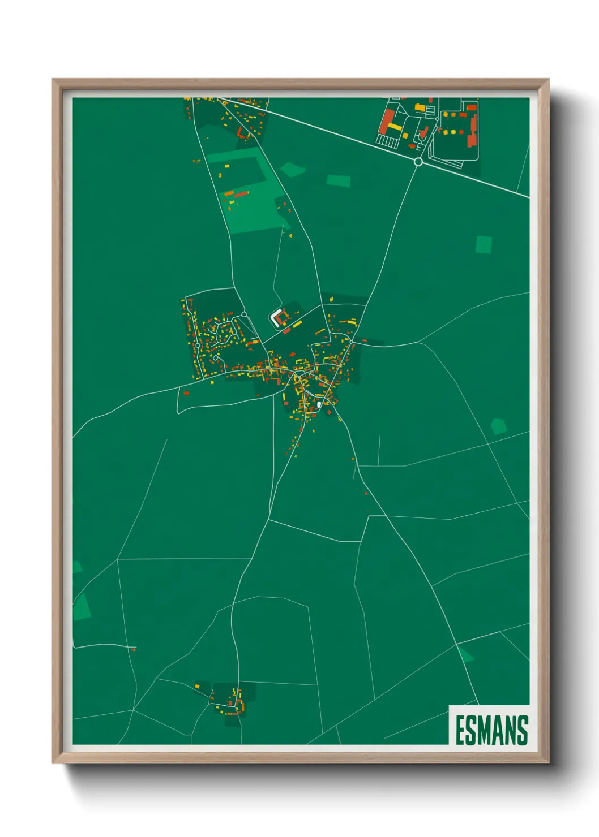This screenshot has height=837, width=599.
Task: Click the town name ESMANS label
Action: [x=491, y=730]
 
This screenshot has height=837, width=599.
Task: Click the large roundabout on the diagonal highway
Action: [x=418, y=162]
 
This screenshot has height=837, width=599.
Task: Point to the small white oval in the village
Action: [x=319, y=404]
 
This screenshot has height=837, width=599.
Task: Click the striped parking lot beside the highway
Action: [x=387, y=140]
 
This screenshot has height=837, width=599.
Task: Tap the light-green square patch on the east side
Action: [x=484, y=245]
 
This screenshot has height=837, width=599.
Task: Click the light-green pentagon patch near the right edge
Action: [x=498, y=426]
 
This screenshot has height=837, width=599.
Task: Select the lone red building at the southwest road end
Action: [x=134, y=649]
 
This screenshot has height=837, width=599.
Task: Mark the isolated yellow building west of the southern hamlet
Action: [x=197, y=687]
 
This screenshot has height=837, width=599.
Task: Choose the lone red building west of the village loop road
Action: [x=186, y=392]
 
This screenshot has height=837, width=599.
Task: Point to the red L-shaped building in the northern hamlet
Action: [x=241, y=133]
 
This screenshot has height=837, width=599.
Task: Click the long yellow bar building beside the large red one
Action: [x=395, y=127]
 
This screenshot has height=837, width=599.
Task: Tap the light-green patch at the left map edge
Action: [x=82, y=606]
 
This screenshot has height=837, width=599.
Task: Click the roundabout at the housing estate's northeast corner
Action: [x=244, y=314]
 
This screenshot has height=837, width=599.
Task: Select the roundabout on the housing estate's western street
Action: [x=198, y=345]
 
